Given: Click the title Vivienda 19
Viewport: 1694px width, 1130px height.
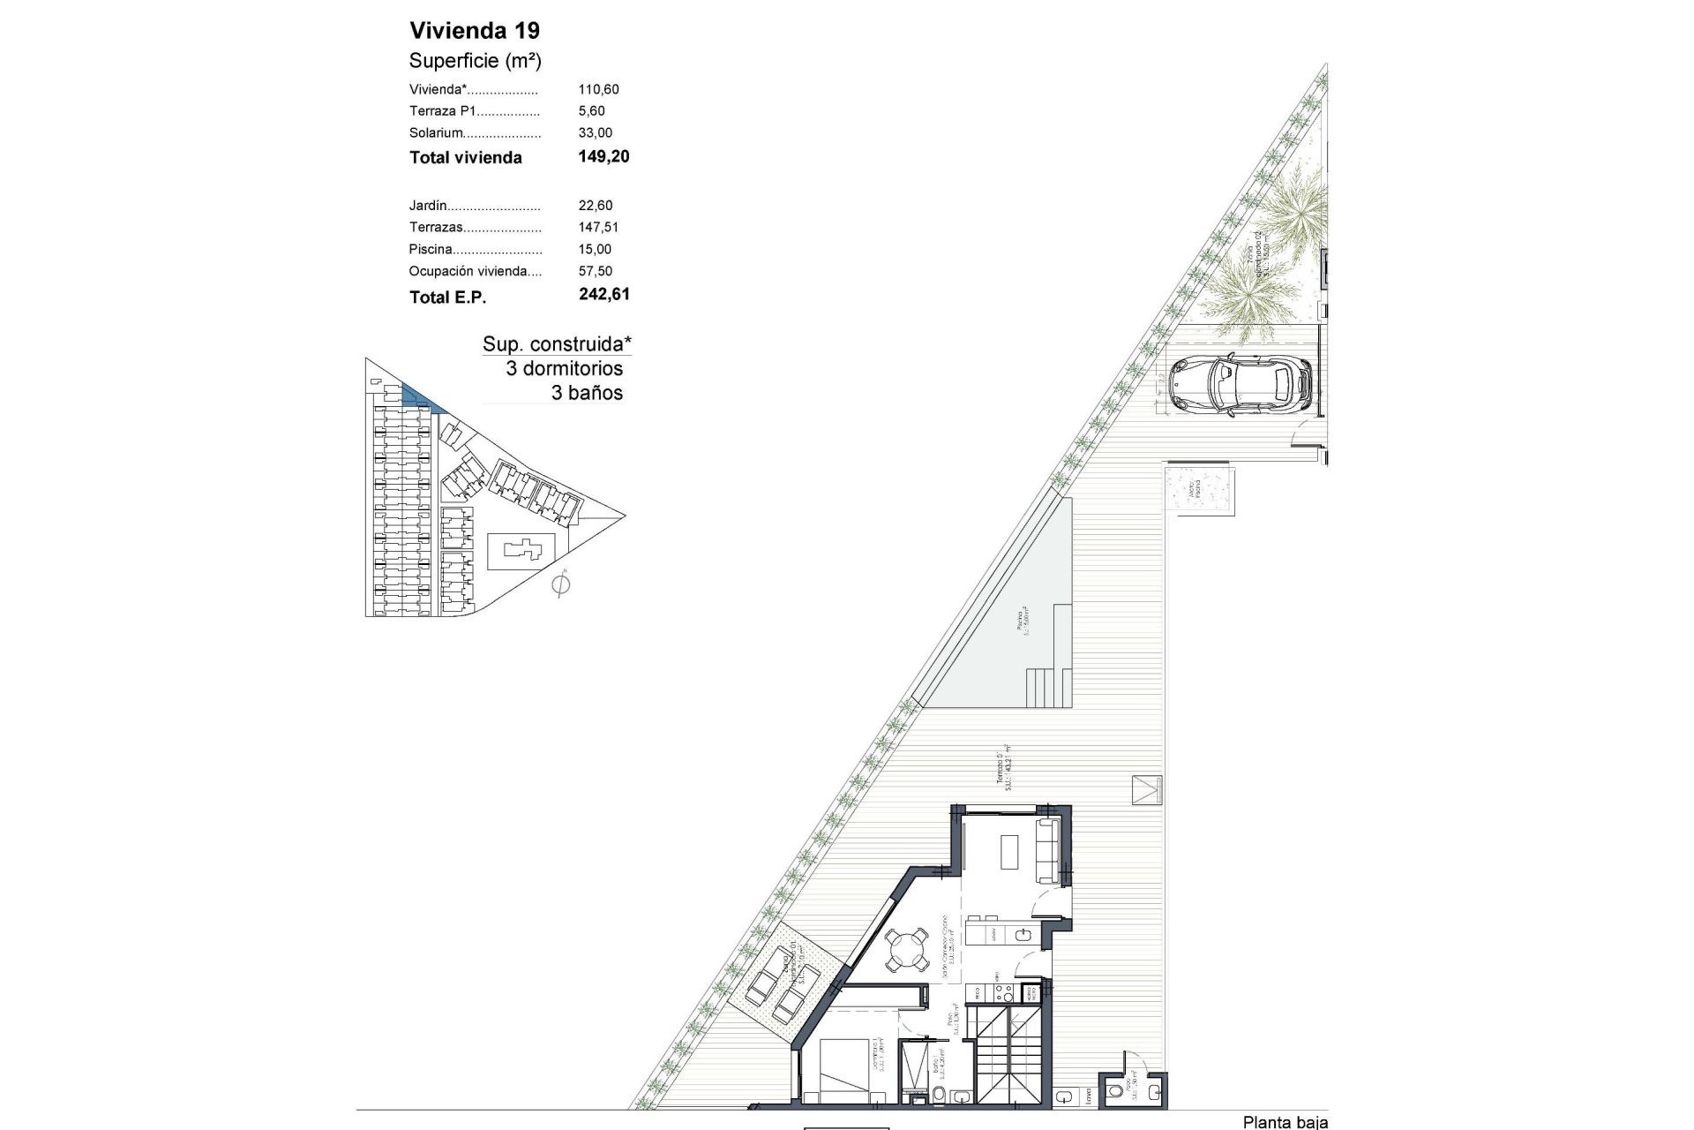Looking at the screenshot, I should [x=475, y=31].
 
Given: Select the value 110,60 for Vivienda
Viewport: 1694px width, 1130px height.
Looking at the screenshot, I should [x=598, y=89].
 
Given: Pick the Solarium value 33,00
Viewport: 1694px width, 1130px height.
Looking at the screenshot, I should [x=595, y=133].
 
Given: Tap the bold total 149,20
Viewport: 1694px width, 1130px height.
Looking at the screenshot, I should [x=603, y=157].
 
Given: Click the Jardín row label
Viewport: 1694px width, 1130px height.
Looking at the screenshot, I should [x=428, y=206].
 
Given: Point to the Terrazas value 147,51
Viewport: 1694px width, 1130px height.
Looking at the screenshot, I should [x=598, y=228].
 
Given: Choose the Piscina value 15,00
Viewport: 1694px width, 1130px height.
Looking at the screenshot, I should [x=595, y=250].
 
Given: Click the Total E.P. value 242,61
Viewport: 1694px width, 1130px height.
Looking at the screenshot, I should [x=604, y=295].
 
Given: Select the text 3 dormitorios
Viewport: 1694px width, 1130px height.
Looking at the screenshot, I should [x=564, y=369].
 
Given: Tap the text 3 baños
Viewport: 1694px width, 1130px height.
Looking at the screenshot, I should [x=587, y=394].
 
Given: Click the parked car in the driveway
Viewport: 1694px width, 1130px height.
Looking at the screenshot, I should [x=1240, y=384].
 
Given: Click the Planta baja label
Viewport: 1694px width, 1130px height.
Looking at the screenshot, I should [x=1284, y=1122].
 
